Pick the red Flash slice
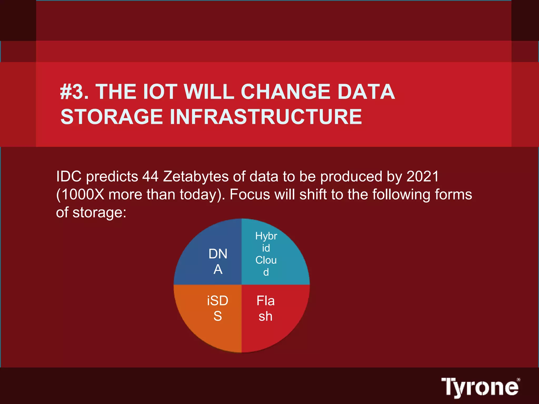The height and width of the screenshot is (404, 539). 271,313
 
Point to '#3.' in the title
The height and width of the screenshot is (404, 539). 74,92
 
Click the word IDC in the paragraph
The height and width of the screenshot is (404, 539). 69,176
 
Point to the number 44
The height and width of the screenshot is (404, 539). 150,176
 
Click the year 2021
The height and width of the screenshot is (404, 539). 423,176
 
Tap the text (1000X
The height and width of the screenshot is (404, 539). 80,195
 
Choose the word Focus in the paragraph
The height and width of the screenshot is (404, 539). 250,195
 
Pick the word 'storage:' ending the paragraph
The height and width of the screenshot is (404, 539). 99,213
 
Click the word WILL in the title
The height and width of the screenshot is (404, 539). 209,92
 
